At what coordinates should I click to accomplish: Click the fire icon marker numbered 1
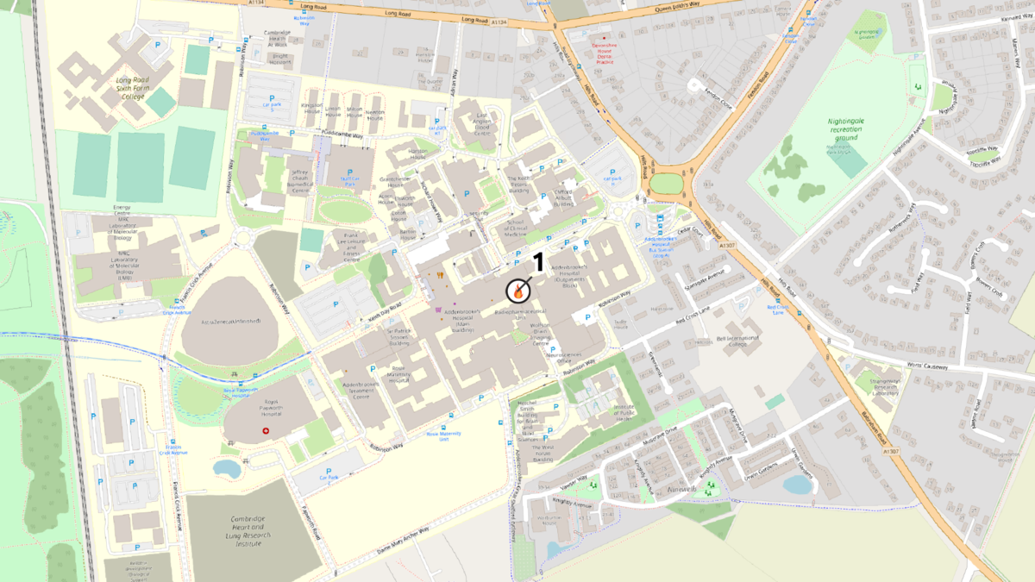coord(517,291)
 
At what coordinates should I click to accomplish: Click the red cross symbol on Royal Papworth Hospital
coord(266,429)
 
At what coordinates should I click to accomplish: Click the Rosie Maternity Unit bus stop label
coord(444,436)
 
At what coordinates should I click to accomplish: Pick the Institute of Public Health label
coord(623,415)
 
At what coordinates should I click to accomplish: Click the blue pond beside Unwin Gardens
coord(798,485)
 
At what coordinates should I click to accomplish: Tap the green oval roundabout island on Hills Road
coord(665,184)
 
